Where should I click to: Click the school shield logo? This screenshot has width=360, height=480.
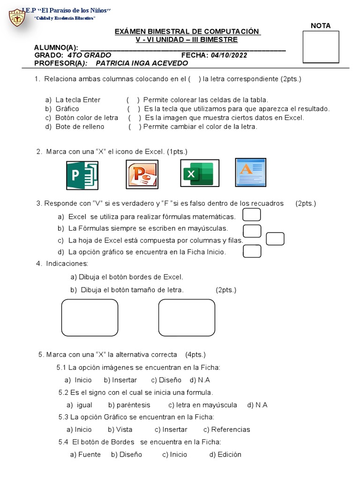[x=18, y=17]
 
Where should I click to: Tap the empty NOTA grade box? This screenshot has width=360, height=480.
[x=321, y=47]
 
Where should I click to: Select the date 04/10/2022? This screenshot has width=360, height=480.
[x=229, y=55]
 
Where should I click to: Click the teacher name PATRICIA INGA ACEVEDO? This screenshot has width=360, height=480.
[x=142, y=63]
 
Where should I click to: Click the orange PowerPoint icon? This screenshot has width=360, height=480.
[x=142, y=174]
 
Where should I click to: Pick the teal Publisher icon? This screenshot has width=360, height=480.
[x=82, y=175]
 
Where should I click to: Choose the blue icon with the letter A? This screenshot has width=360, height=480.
[x=250, y=172]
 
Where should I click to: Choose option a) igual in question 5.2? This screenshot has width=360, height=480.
[x=79, y=405]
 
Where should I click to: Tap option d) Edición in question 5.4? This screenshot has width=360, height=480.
[x=225, y=454]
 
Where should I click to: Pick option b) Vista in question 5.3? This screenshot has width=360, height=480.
[x=120, y=429]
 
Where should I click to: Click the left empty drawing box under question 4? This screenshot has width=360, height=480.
[x=90, y=317]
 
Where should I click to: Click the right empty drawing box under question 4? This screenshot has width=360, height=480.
[x=187, y=317]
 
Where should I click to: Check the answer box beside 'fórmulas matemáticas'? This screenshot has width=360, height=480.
[x=252, y=215]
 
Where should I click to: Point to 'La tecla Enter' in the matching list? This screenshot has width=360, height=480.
[x=78, y=100]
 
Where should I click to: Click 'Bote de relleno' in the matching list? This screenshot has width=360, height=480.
[x=80, y=127]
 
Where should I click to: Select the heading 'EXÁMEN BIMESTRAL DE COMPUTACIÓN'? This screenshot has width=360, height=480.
[x=187, y=31]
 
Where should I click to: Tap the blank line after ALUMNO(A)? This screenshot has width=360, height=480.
[x=183, y=48]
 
